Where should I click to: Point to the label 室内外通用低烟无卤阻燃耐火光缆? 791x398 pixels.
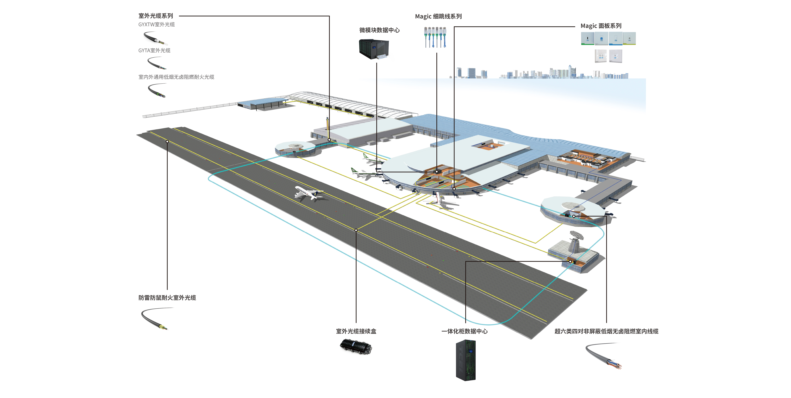[176, 77]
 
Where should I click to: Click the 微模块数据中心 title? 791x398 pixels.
[380, 30]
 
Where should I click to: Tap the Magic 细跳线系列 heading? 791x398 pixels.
[438, 16]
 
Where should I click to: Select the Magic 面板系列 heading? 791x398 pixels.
[601, 26]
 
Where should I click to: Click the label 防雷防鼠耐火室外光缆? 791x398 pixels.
[167, 298]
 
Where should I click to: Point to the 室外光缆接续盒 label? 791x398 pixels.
[356, 331]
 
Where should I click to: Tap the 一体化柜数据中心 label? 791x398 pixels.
[464, 331]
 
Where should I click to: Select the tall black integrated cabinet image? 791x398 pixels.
[466, 360]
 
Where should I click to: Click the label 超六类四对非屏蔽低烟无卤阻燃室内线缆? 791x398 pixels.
[606, 331]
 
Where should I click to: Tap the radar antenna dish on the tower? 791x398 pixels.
[576, 235]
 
